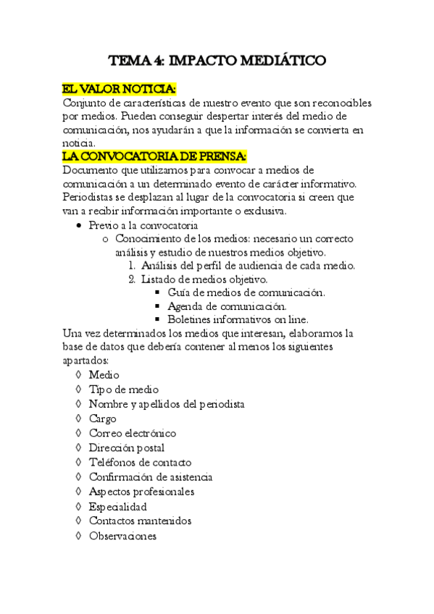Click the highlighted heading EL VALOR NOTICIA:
coord(119,89)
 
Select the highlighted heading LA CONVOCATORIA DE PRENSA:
coord(155,156)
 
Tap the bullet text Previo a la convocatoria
coord(143,225)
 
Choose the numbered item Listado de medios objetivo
coord(205,279)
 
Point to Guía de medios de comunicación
coord(246,293)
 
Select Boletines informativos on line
coord(238,320)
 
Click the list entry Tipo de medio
coord(123,390)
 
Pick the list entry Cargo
coord(102,419)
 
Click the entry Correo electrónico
coord(132,433)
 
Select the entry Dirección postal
coord(126,448)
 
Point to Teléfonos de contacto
coord(140,463)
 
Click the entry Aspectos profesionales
coord(141,492)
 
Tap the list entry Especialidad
coord(117,506)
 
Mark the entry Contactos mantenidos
coord(140,521)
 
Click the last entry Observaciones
coord(122,536)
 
